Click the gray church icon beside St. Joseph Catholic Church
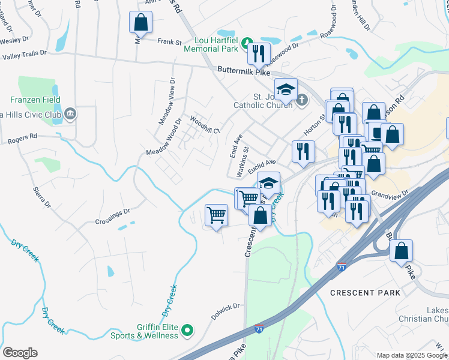(x=301, y=100)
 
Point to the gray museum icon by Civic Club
(x=71, y=113)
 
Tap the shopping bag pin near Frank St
(x=140, y=23)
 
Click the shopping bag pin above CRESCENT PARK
(x=401, y=250)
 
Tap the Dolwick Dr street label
(x=225, y=307)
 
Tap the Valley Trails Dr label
(x=24, y=55)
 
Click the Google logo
(x=20, y=353)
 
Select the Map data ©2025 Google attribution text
(x=411, y=355)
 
